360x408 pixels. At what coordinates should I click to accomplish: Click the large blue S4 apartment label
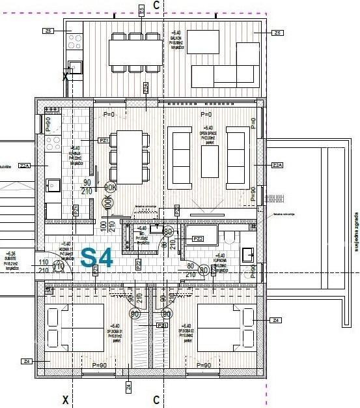97,257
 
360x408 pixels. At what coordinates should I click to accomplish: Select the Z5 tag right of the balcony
278,33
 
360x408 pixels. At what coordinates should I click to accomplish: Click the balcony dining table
135,52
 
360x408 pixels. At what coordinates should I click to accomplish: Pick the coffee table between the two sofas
210,153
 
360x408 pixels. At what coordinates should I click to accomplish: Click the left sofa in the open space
180,154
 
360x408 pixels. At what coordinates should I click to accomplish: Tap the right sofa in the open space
238,154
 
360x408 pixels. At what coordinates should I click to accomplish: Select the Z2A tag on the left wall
25,166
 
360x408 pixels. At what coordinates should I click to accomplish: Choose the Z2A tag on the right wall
278,165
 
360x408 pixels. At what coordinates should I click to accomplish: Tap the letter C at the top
156,5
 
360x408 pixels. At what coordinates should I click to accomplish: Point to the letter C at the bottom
156,399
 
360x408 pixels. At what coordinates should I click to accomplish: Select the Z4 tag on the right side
277,320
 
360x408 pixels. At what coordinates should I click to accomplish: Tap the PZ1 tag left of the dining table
103,140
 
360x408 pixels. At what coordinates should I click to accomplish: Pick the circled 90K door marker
110,187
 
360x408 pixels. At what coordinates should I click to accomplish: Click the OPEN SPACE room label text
208,133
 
